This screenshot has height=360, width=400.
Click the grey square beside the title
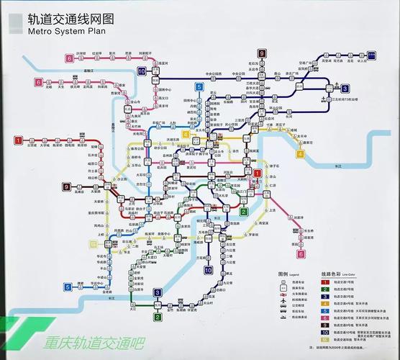[15, 22]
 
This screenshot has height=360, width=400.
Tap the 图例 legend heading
[283, 274]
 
